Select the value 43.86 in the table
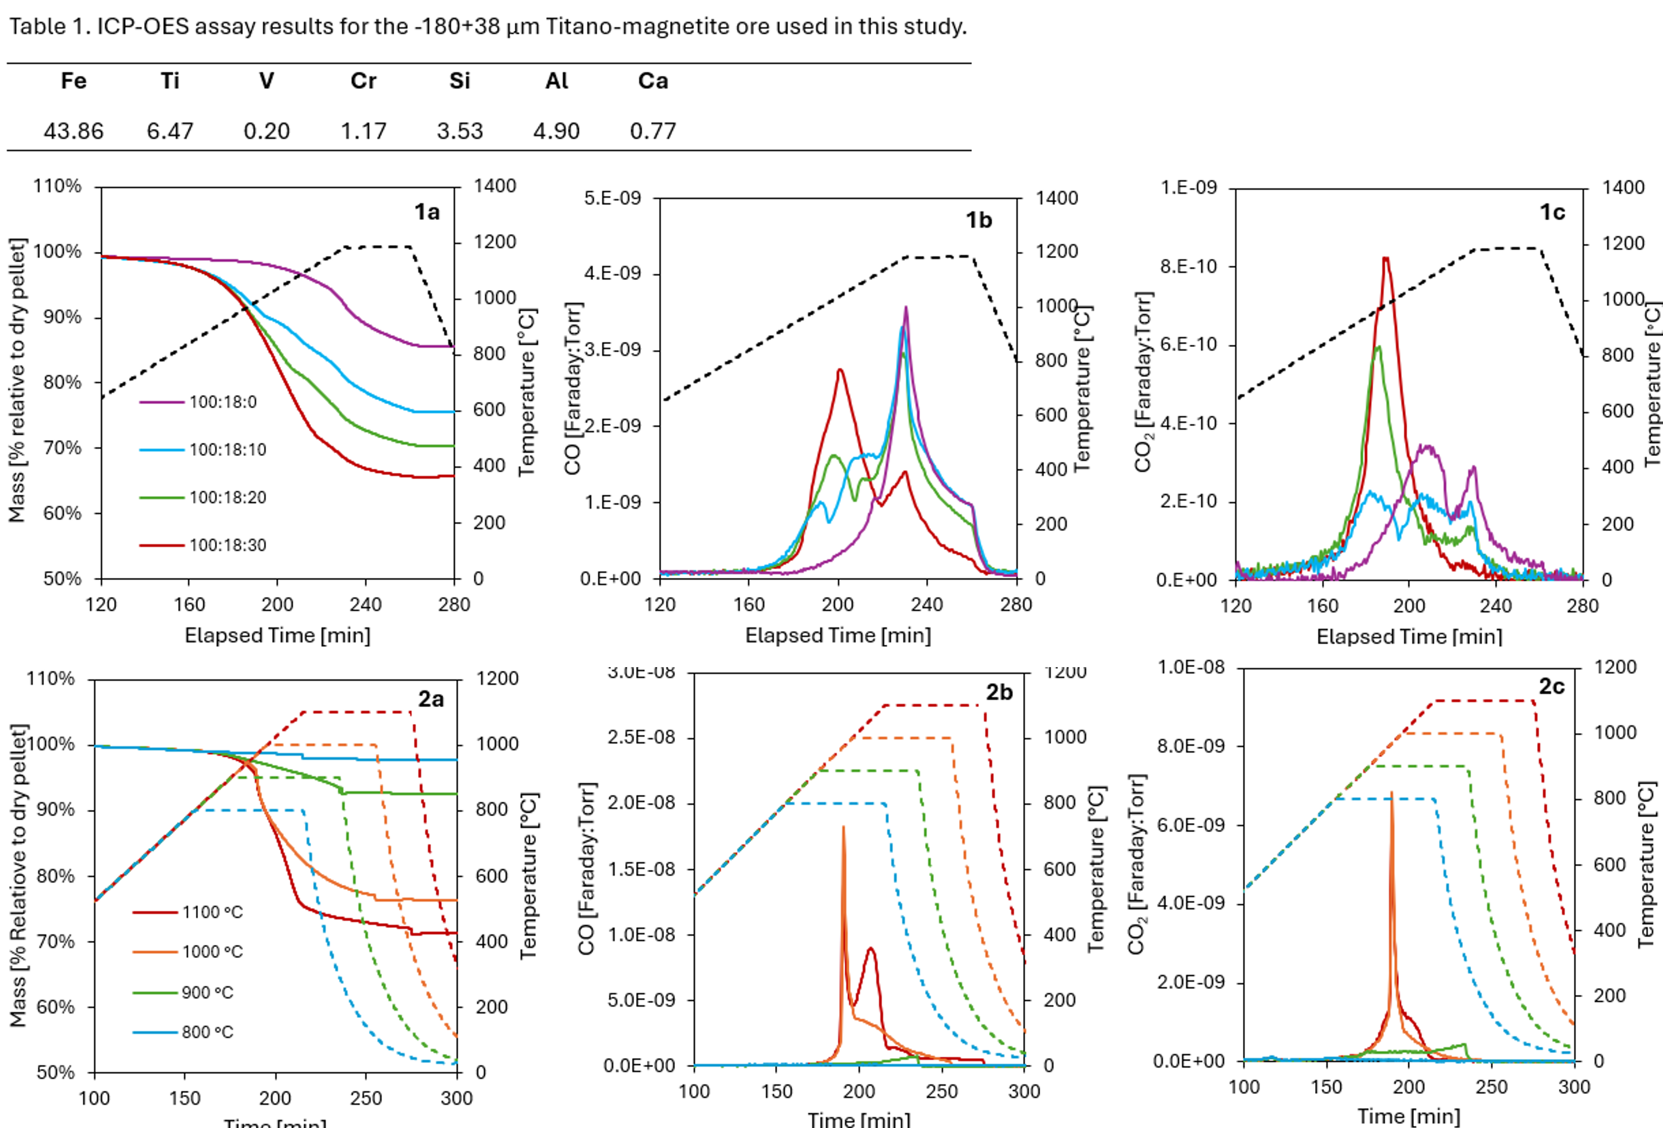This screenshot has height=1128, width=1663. click(74, 131)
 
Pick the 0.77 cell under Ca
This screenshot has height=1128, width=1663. click(653, 131)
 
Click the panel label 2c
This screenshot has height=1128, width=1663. click(1551, 687)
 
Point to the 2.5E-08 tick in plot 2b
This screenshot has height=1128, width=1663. click(641, 737)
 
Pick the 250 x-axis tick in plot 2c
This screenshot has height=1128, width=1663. click(1491, 1087)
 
